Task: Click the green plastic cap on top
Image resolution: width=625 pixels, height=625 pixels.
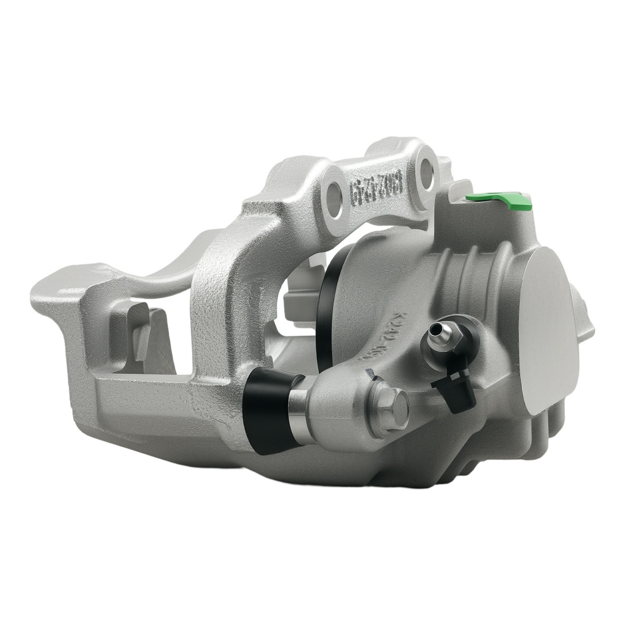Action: pyautogui.click(x=500, y=199)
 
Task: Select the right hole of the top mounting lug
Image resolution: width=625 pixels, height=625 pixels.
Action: pyautogui.click(x=427, y=170)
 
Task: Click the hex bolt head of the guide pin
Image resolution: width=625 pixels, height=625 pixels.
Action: pyautogui.click(x=389, y=407)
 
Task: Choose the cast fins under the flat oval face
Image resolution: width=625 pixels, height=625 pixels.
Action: pyautogui.click(x=550, y=431)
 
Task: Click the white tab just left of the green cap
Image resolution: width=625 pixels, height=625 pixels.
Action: pyautogui.click(x=459, y=187)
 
